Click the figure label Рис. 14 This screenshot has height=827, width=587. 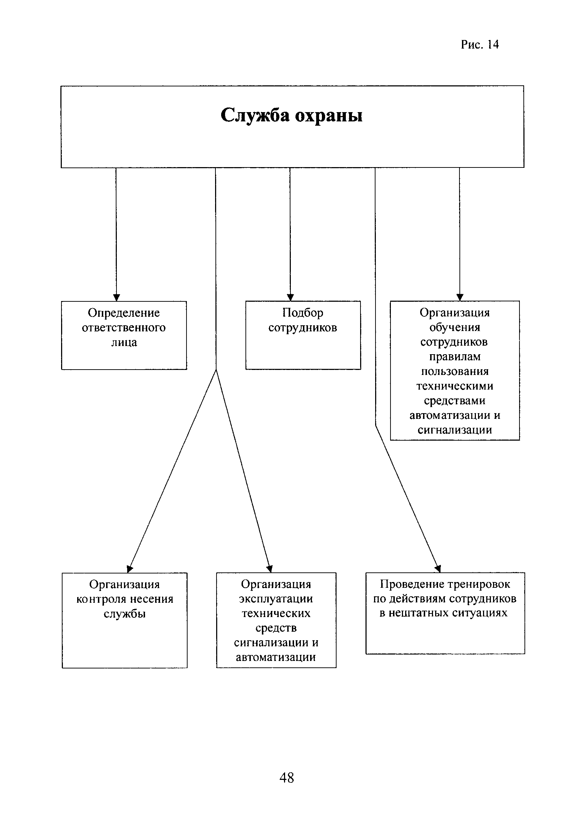[480, 44]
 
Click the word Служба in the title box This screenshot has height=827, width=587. [255, 116]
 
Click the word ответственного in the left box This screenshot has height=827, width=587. [124, 328]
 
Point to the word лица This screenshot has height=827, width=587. [124, 342]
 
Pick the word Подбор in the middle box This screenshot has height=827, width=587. [303, 313]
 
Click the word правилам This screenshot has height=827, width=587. [455, 357]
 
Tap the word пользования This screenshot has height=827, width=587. [455, 371]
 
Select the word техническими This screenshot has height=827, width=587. [455, 386]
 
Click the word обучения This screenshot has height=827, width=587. [455, 328]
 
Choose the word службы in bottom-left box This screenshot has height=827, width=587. [125, 614]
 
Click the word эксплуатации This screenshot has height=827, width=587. [276, 599]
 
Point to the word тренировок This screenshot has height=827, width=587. [479, 584]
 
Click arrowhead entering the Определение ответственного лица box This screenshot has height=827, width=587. [116, 297]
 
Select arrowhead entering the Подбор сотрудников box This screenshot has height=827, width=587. [290, 297]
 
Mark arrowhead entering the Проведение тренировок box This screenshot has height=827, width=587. [438, 569]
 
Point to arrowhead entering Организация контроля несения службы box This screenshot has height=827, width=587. [130, 569]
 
